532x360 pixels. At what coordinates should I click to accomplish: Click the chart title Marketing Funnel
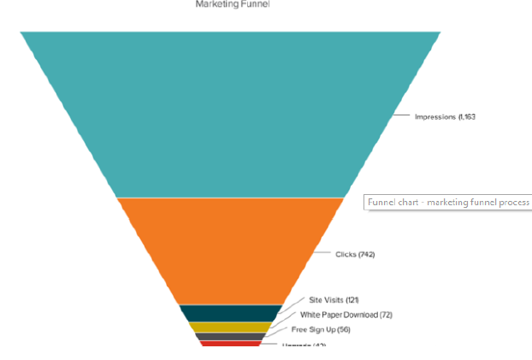click(232, 4)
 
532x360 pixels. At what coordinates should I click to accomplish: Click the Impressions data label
click(444, 116)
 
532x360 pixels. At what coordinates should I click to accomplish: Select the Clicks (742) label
click(355, 254)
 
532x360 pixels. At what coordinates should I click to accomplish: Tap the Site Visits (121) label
click(334, 300)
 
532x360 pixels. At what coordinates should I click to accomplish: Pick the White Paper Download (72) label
click(346, 315)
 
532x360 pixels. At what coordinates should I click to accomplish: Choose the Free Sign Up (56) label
click(321, 329)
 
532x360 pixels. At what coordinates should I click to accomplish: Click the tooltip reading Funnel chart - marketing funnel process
click(448, 203)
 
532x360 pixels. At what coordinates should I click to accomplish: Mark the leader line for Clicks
click(323, 253)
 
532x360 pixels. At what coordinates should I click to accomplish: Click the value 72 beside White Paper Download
click(386, 315)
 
